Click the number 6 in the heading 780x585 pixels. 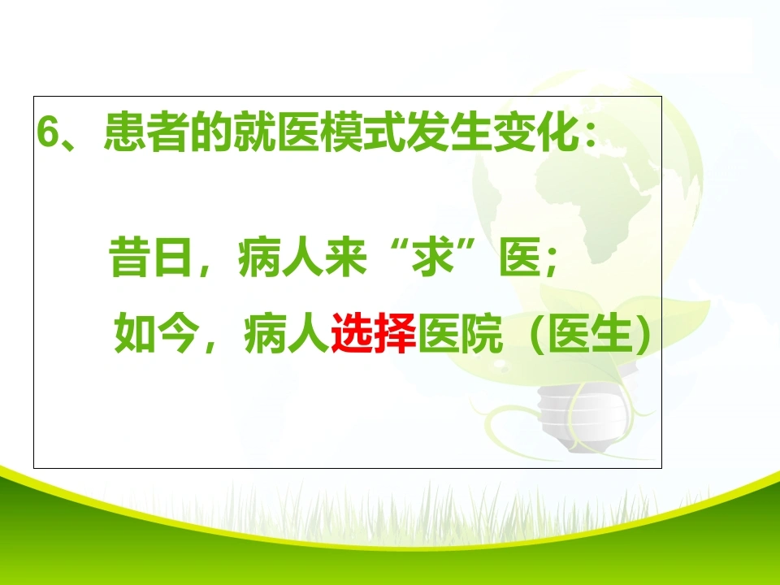pyautogui.click(x=49, y=132)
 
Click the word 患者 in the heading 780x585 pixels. pyautogui.click(x=147, y=132)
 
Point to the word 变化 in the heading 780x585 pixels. pyautogui.click(x=536, y=132)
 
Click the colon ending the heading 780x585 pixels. pyautogui.click(x=591, y=134)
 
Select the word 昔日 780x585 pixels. pyautogui.click(x=150, y=258)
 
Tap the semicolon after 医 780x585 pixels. pyautogui.click(x=550, y=261)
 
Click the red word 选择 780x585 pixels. pyautogui.click(x=374, y=332)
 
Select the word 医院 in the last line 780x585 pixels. pyautogui.click(x=460, y=332)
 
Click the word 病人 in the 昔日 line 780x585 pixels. pyautogui.click(x=280, y=258)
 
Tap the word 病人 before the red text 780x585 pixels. pyautogui.click(x=287, y=332)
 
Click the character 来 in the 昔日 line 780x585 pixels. pyautogui.click(x=346, y=258)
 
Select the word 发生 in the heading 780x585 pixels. pyautogui.click(x=449, y=132)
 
